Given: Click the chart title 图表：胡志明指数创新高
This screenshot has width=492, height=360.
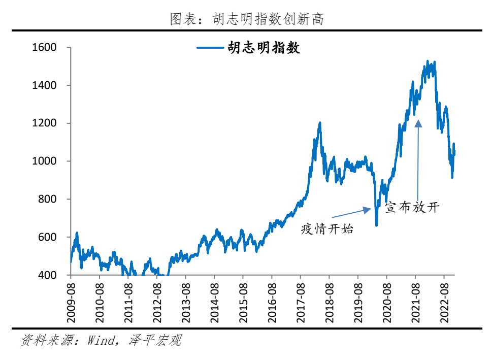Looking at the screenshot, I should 246,19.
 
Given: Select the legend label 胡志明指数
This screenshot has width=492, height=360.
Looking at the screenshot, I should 264,48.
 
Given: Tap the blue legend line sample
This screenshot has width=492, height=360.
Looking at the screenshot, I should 210,48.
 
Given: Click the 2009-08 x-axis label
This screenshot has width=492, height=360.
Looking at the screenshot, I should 71,302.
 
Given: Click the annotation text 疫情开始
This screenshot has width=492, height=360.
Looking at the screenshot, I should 326,229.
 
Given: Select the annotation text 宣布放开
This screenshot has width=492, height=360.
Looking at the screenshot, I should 411,207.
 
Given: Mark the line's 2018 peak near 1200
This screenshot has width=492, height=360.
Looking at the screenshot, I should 320,123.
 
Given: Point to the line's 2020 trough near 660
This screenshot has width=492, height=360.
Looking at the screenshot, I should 376,225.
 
